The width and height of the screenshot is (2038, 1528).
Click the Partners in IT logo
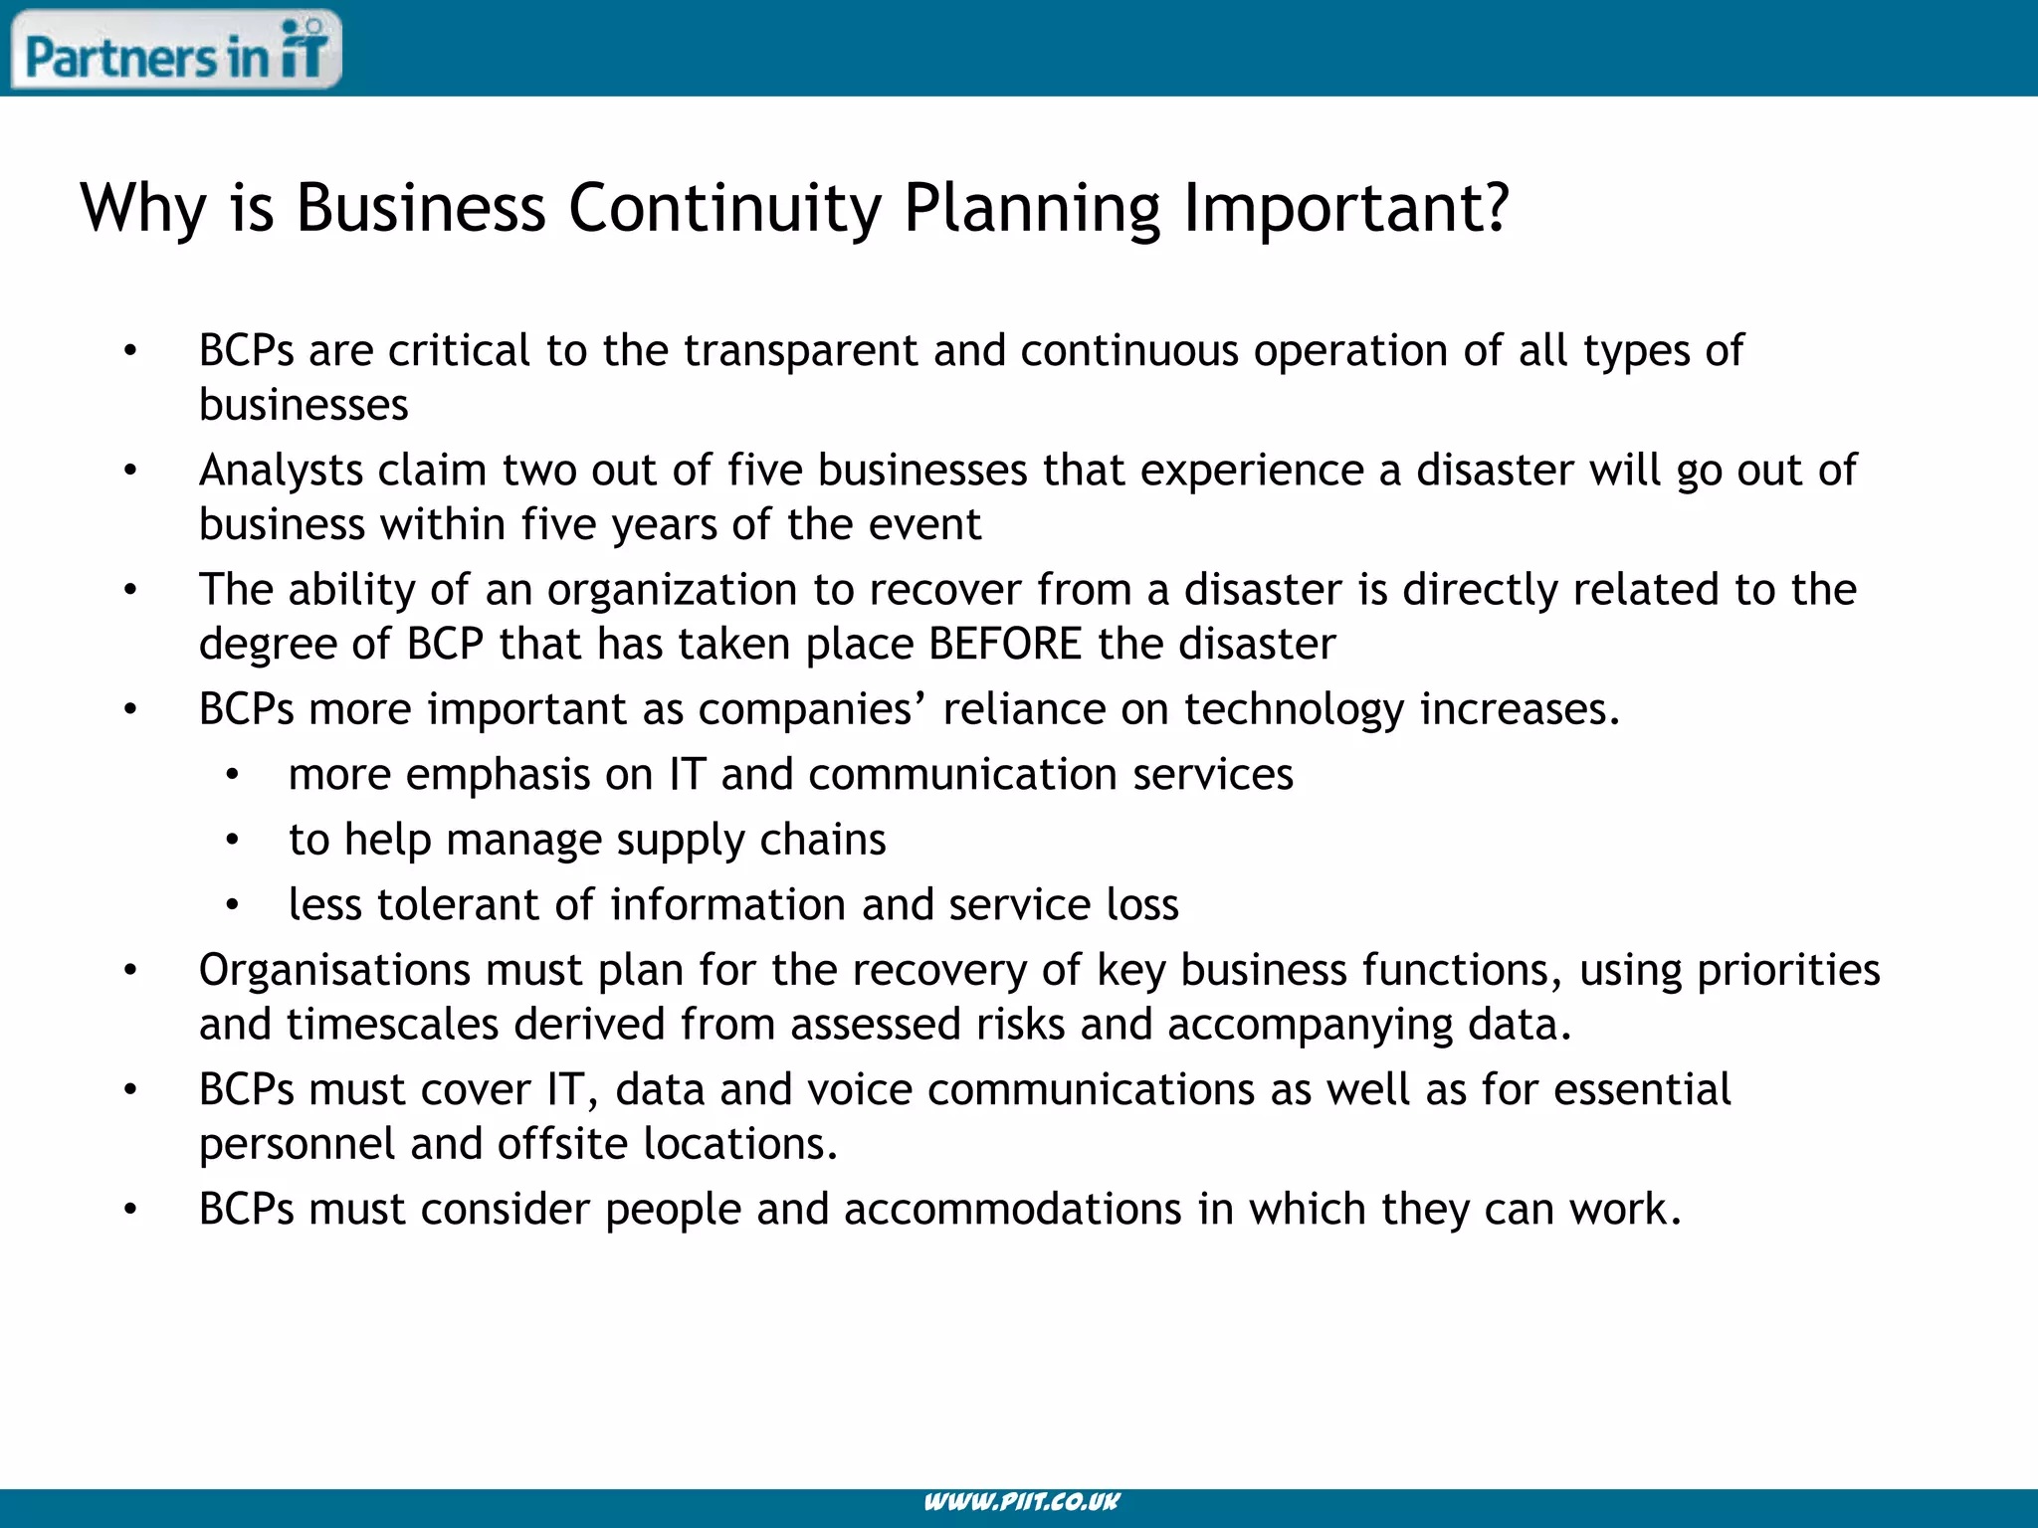pos(176,50)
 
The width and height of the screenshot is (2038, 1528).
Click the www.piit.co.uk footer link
pos(1021,1502)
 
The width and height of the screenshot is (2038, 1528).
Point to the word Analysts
pos(281,471)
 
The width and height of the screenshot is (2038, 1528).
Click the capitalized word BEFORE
pos(1005,645)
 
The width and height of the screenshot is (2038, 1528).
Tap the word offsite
pos(562,1144)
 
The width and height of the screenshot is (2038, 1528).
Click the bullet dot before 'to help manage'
pos(232,841)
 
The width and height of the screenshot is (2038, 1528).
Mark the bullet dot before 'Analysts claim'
pos(130,471)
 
